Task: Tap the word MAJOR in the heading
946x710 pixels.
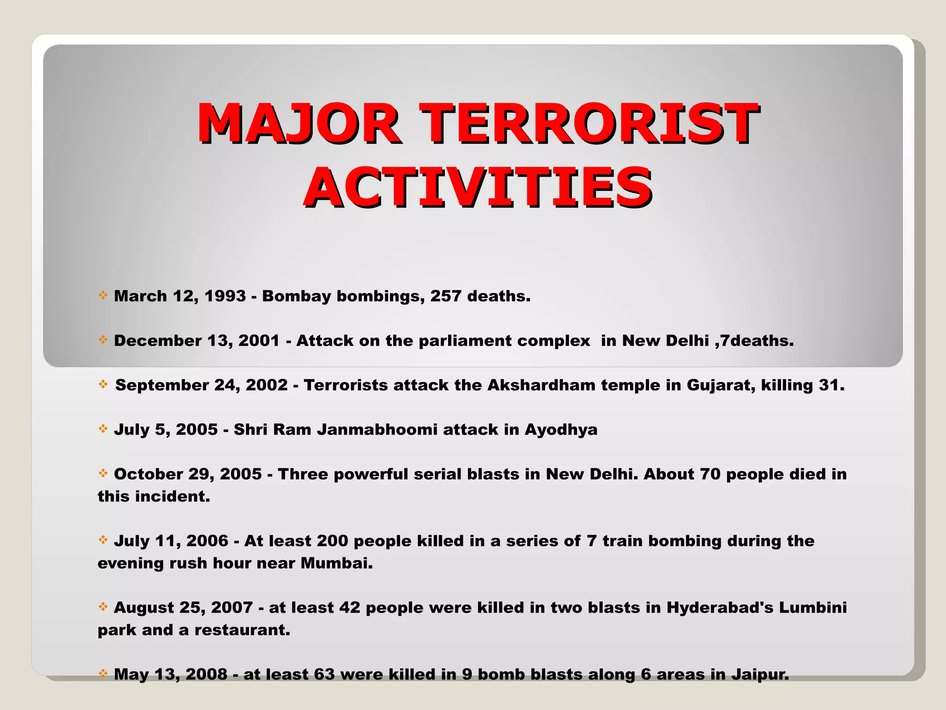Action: point(298,123)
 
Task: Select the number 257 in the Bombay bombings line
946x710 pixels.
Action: point(446,296)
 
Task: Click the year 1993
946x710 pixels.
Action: point(225,296)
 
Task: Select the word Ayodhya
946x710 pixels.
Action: point(561,430)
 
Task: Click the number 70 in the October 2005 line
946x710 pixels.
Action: point(710,474)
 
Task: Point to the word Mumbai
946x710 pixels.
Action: point(336,563)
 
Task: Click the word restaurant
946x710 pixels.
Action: point(242,630)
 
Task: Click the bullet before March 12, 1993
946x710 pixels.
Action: point(103,295)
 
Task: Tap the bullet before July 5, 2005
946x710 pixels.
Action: point(103,428)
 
